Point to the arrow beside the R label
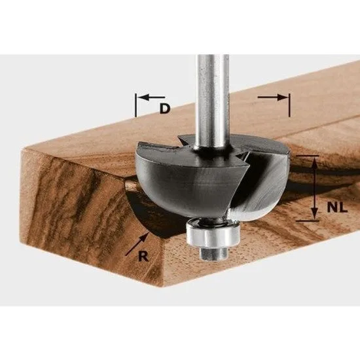136,243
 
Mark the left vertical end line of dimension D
135,104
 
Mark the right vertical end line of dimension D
289,104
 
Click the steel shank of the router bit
213,85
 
